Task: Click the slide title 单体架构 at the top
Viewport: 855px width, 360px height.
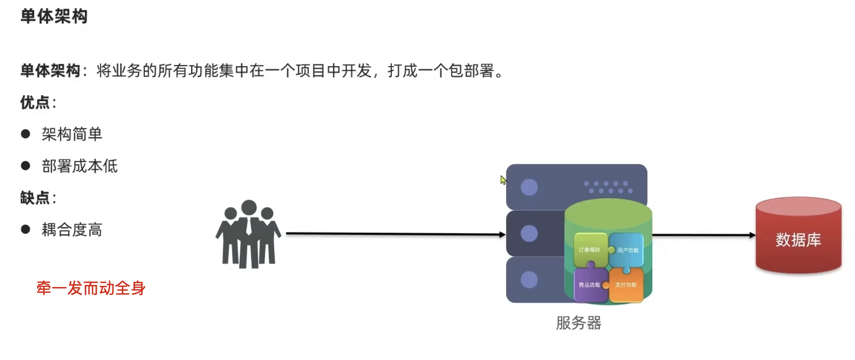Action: [x=54, y=17]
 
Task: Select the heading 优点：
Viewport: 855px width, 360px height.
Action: [x=38, y=102]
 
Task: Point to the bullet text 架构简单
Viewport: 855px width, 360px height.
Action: [x=72, y=134]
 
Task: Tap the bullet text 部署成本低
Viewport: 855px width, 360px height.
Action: [x=80, y=166]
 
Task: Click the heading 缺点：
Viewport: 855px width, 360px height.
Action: [x=38, y=198]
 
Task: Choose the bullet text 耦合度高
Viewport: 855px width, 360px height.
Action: [x=72, y=230]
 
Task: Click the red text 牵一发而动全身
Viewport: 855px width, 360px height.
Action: [x=91, y=288]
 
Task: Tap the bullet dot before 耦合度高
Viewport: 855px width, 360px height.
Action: [x=26, y=230]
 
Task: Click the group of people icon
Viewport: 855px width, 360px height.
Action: [x=248, y=234]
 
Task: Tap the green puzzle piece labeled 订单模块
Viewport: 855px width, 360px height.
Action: [x=590, y=249]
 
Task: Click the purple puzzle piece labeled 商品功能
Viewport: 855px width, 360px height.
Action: [x=589, y=285]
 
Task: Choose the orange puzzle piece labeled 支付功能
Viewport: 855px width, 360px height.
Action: [x=626, y=285]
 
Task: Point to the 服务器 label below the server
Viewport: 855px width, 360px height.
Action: [x=578, y=323]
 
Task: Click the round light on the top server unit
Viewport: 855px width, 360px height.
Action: [x=529, y=187]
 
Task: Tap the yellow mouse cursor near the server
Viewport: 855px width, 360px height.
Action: [x=503, y=180]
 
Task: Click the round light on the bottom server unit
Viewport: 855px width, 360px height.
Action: [x=529, y=280]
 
